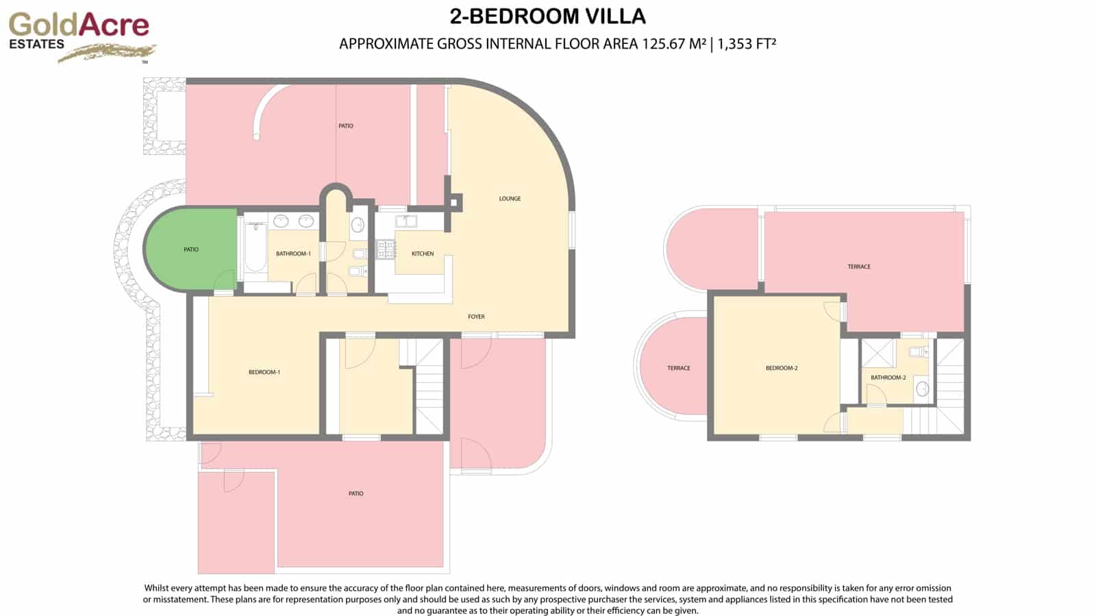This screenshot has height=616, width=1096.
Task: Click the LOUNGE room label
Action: [510, 199]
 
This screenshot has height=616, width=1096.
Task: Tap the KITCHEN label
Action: [423, 254]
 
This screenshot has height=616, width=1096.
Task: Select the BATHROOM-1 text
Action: [293, 254]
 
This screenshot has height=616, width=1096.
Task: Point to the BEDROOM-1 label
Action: [264, 372]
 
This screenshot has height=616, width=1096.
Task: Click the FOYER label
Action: [476, 317]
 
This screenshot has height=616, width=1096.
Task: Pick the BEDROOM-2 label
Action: [782, 368]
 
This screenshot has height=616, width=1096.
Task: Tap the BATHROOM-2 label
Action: [888, 378]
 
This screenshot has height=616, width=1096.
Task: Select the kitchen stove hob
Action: [386, 249]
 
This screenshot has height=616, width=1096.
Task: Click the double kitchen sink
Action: [407, 221]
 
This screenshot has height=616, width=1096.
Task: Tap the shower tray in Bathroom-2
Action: [877, 353]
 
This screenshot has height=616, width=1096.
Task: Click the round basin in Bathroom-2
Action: [921, 389]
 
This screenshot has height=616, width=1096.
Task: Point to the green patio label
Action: [191, 249]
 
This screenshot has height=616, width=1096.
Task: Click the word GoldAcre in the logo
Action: [79, 25]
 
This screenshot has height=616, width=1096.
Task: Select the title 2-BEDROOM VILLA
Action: [548, 16]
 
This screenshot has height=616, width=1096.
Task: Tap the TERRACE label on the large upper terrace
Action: [859, 267]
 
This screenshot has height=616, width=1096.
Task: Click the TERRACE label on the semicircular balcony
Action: [679, 368]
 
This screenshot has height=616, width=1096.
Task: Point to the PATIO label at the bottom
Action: [356, 493]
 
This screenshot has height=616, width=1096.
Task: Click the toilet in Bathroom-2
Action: [916, 352]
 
